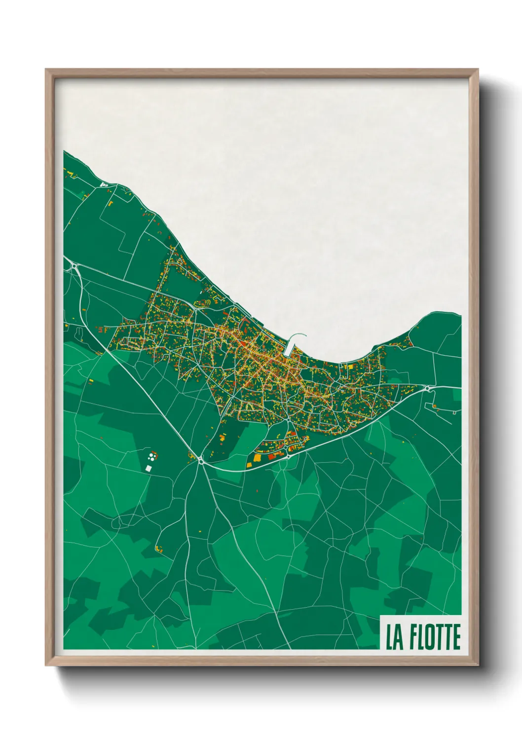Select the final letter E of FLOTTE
click(x=456, y=637)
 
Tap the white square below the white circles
click(x=148, y=468)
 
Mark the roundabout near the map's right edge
click(x=427, y=389)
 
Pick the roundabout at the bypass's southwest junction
click(x=201, y=461)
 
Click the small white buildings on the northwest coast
click(x=104, y=184)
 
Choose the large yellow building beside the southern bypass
click(x=257, y=458)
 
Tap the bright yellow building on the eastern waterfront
click(x=351, y=366)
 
